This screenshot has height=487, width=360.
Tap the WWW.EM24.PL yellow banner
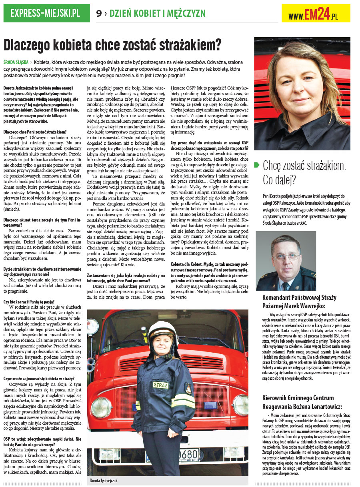click(x=316, y=14)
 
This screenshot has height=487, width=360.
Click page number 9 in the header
click(x=98, y=13)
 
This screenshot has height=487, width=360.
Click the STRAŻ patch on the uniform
click(x=161, y=385)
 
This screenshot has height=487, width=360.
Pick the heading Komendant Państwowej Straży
click(x=299, y=297)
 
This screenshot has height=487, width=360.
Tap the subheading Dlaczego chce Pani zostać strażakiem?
click(x=35, y=132)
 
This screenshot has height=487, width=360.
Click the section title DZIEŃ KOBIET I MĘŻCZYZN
click(x=158, y=13)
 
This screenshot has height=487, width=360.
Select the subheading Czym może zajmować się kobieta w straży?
click(x=38, y=379)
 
